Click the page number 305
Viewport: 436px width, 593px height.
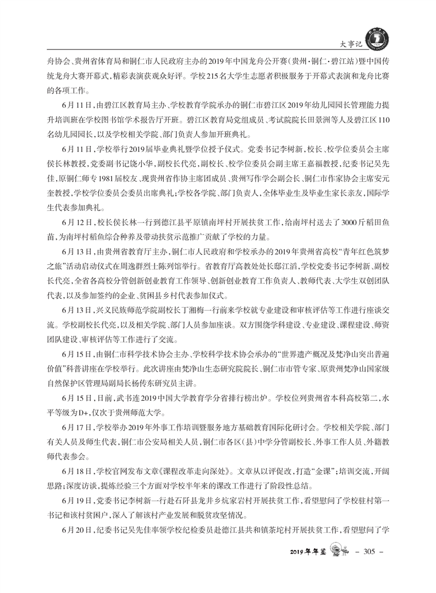[368, 551]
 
